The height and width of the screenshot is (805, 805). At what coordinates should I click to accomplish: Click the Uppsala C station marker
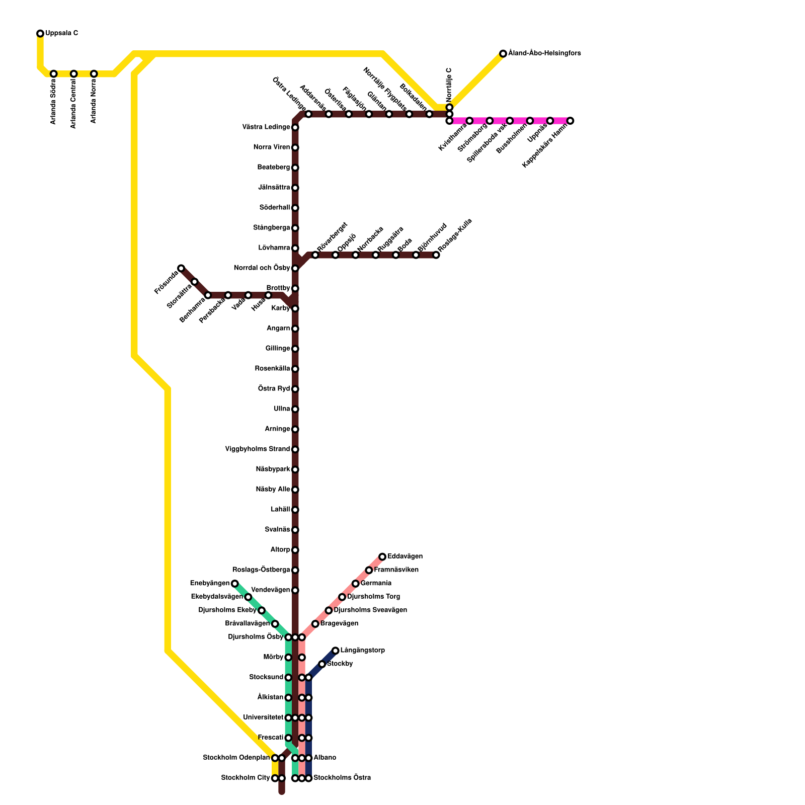tap(40, 34)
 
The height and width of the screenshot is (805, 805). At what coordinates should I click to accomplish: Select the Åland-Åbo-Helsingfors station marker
tap(503, 54)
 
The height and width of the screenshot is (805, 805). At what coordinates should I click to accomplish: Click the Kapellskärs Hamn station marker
tap(570, 121)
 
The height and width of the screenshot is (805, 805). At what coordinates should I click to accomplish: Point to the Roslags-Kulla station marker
tap(436, 255)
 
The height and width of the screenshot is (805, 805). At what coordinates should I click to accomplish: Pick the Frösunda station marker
tap(181, 268)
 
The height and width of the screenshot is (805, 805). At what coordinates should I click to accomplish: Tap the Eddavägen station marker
tap(382, 556)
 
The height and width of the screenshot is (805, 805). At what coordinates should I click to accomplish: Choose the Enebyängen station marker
tap(234, 584)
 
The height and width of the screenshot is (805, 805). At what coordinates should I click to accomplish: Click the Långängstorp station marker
tap(336, 651)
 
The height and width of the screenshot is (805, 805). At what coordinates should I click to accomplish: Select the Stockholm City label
tap(246, 778)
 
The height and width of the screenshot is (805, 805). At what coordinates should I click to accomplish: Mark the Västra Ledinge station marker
tap(295, 127)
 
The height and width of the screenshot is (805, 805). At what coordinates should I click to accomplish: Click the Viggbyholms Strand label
tap(257, 449)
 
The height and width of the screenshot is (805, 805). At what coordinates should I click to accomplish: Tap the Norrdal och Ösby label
tap(262, 268)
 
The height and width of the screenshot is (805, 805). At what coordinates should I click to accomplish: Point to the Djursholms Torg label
tap(374, 597)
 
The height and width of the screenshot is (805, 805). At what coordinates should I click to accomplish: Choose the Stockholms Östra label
tap(342, 778)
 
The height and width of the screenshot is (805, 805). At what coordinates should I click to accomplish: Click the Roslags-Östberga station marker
tap(295, 570)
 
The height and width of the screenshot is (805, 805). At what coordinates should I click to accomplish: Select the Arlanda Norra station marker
tap(94, 74)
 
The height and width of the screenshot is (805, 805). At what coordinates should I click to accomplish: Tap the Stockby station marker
tap(322, 664)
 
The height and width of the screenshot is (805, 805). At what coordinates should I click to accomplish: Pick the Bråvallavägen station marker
tap(275, 624)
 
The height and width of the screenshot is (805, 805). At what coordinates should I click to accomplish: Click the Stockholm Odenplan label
tap(236, 758)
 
